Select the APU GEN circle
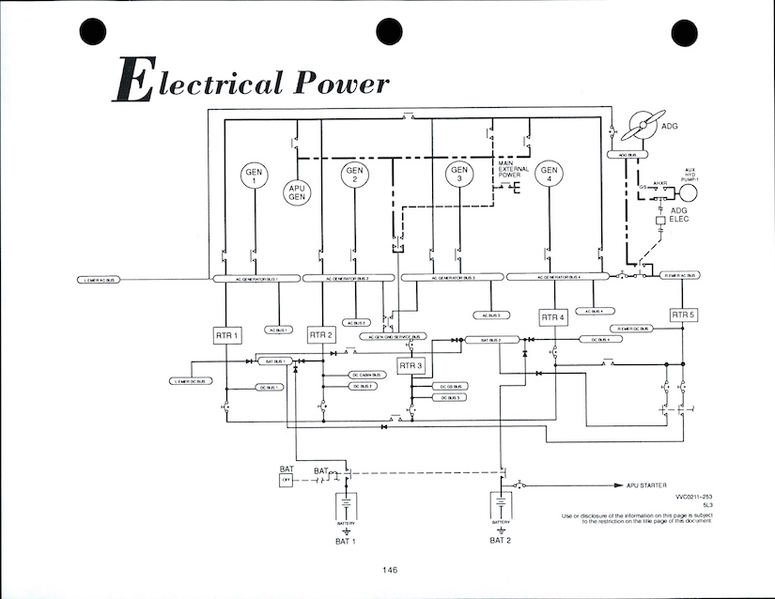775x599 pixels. point(297,192)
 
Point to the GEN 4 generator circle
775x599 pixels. point(550,175)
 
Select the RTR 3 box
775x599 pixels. point(411,365)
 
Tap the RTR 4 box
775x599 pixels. point(553,317)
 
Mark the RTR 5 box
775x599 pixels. point(683,315)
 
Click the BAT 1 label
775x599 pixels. point(345,543)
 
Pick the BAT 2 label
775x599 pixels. point(501,540)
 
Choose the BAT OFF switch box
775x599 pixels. point(287,481)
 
